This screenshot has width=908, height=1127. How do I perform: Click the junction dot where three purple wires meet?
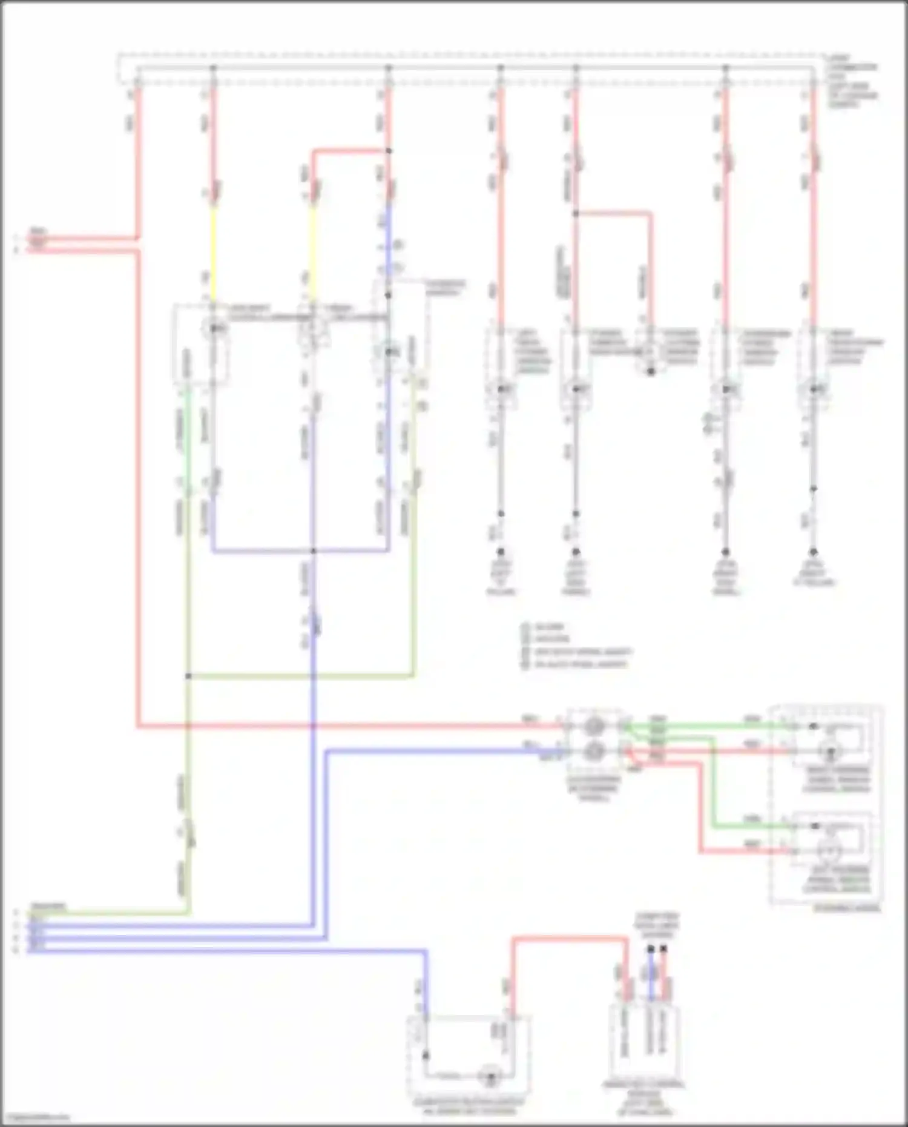(313, 551)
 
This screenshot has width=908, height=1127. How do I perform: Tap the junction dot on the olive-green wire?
(188, 676)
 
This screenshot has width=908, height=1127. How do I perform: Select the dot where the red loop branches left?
(389, 151)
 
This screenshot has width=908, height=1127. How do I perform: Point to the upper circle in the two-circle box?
(594, 725)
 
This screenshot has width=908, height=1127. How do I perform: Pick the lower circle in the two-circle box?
(594, 752)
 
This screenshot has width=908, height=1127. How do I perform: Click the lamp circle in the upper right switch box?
(830, 752)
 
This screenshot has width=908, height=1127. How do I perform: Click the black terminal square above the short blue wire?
(651, 949)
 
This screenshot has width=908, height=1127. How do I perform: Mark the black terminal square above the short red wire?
(664, 949)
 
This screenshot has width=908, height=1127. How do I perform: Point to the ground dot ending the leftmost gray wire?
(501, 552)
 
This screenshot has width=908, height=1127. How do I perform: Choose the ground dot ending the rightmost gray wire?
(814, 552)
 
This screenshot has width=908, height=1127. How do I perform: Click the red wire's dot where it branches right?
(576, 214)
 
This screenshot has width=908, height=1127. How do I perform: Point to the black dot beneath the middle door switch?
(651, 371)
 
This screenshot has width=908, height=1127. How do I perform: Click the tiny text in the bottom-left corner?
(35, 1117)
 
